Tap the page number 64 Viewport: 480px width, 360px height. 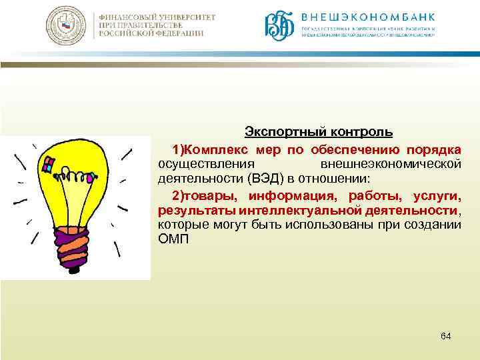(446, 336)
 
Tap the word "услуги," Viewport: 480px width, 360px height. (437, 196)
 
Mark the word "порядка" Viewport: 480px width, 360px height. (438, 147)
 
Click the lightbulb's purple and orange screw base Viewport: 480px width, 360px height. (71, 241)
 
